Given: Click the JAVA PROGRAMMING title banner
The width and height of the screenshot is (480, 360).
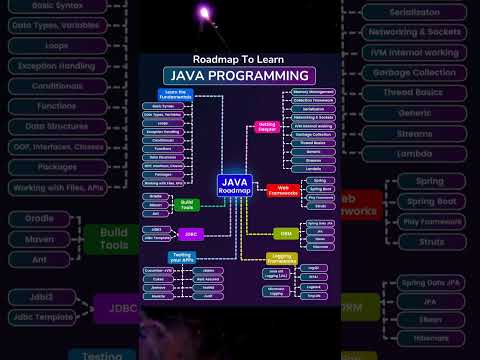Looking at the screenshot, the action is (x=239, y=76).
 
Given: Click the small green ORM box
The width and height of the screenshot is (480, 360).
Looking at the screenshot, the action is (x=286, y=233).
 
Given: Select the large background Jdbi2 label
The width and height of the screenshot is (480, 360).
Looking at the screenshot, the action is (x=42, y=297).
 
